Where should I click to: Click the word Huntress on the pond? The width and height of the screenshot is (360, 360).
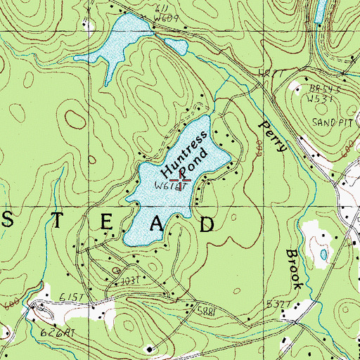(184, 150)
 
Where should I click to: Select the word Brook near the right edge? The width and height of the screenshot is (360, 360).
(295, 269)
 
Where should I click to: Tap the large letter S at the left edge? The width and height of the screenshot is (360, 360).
(8, 223)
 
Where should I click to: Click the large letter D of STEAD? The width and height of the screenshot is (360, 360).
(208, 224)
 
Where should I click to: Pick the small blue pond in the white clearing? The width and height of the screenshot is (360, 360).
(323, 253)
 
